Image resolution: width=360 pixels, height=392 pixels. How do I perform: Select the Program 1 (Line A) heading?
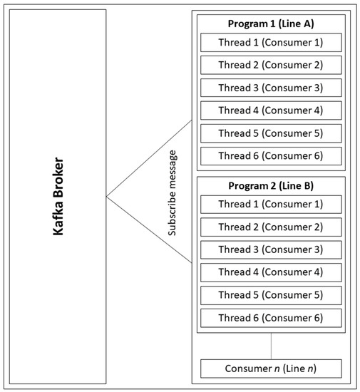pos(271,24)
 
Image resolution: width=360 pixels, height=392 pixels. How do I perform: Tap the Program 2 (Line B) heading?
pos(271,187)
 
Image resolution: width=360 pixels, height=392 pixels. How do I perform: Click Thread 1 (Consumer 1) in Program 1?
pos(271,42)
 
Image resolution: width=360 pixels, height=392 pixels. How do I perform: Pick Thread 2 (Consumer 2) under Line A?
pos(271,65)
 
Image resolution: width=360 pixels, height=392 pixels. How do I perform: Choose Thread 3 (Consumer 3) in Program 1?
pos(271,88)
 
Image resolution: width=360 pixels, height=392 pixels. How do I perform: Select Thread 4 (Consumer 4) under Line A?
pos(271,110)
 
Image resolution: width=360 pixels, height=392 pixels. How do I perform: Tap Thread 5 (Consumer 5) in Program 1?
pos(271,133)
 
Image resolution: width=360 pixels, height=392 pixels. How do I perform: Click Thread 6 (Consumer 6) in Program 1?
pos(271,156)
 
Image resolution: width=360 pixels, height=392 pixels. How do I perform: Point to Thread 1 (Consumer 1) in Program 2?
pos(271,205)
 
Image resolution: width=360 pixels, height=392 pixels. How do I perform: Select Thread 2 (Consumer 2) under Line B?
pos(271,227)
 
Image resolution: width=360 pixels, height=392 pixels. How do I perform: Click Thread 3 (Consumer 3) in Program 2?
pos(271,249)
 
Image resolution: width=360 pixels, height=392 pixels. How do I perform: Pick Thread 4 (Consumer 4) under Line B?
pos(271,272)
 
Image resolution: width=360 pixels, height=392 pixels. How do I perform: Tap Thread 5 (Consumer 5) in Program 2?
pos(271,295)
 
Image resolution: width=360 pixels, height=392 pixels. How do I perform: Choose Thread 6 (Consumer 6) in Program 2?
pos(271,318)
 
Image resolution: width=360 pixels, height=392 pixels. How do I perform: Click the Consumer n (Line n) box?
pos(271,369)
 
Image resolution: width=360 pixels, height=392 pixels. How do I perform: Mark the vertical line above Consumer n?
pos(271,346)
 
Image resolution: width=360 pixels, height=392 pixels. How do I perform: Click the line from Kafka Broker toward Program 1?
pos(150,158)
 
